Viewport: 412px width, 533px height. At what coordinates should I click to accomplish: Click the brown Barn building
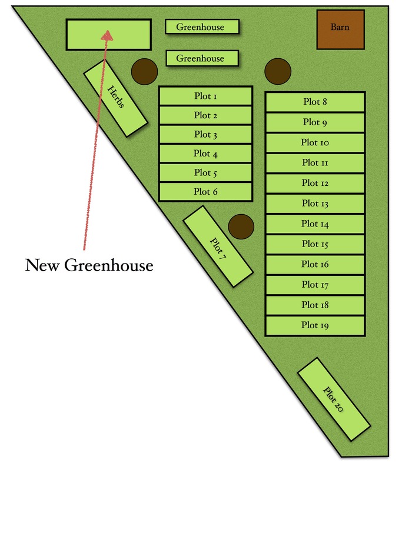[x=341, y=29]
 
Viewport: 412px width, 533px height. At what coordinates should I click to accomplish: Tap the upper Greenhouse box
[x=202, y=27]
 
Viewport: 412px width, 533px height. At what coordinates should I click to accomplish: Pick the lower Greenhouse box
[x=202, y=58]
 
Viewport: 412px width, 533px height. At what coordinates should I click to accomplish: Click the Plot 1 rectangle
[x=205, y=96]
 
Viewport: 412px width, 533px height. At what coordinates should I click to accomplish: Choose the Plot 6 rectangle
[x=205, y=192]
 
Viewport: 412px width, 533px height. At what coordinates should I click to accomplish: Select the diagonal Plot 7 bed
[x=218, y=246]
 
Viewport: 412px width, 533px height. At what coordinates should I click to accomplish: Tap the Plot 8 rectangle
[x=315, y=102]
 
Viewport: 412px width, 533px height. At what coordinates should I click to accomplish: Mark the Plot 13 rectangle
[x=315, y=204]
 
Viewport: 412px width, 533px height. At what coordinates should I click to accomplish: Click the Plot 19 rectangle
[x=315, y=325]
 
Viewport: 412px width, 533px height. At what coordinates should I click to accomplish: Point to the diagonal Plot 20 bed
[x=334, y=399]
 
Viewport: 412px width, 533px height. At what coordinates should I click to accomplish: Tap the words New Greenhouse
[x=89, y=265]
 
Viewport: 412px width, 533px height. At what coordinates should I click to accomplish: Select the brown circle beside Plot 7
[x=241, y=226]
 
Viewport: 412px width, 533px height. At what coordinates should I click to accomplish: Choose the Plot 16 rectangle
[x=315, y=264]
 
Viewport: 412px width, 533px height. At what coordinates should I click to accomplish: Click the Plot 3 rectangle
[x=205, y=135]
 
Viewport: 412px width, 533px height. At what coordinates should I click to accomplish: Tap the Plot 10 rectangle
[x=315, y=142]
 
